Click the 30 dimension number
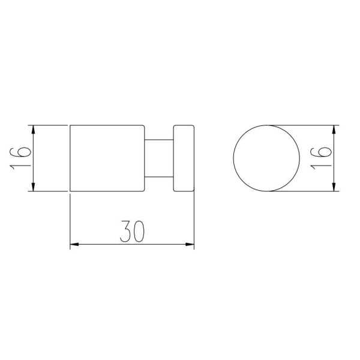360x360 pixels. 133,232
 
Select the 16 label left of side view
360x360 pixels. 20,158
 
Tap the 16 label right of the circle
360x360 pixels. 321,158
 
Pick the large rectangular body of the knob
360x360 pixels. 107,158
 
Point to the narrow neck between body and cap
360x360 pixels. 159,158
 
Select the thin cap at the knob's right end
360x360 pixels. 184,158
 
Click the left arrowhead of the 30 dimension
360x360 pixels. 74,245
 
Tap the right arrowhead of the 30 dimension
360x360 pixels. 190,245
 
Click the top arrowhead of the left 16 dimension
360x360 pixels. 34,130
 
